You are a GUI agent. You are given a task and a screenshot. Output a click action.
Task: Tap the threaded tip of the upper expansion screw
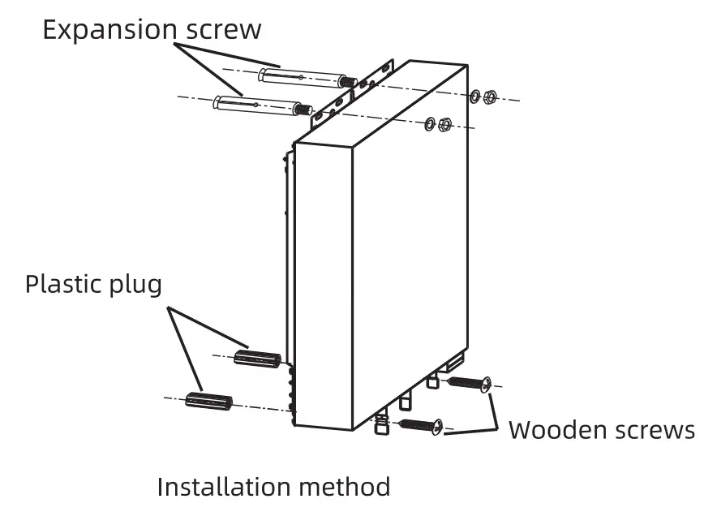click(x=348, y=82)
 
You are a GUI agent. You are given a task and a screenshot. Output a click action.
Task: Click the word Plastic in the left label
click(x=65, y=285)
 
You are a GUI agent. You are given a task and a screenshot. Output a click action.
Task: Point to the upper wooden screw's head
click(x=484, y=384)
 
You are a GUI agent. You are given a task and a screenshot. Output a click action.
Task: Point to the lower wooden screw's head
click(x=438, y=426)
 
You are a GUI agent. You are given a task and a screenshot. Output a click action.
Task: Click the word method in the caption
click(x=351, y=487)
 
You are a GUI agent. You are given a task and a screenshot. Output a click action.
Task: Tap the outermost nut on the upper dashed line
click(x=490, y=98)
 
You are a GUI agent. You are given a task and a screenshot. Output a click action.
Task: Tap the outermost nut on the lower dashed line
click(x=444, y=126)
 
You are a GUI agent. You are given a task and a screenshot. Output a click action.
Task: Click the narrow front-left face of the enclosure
click(x=322, y=284)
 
